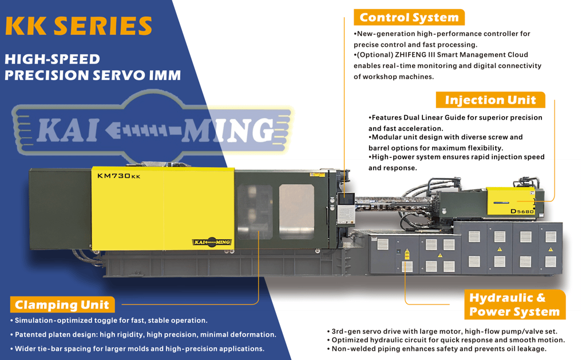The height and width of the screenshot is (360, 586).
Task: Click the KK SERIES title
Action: (78, 26)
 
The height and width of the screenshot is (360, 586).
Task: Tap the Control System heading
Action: (409, 18)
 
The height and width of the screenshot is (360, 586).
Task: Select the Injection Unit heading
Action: (490, 100)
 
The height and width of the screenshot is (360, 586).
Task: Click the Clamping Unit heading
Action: (62, 304)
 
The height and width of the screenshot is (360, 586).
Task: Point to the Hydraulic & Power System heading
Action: (514, 305)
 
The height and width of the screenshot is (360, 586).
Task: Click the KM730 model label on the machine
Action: (118, 176)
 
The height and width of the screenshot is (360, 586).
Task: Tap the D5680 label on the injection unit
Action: (522, 212)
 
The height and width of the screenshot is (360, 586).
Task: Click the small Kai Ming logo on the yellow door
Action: (212, 242)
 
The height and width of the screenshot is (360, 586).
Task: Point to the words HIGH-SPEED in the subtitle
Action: (52, 60)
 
